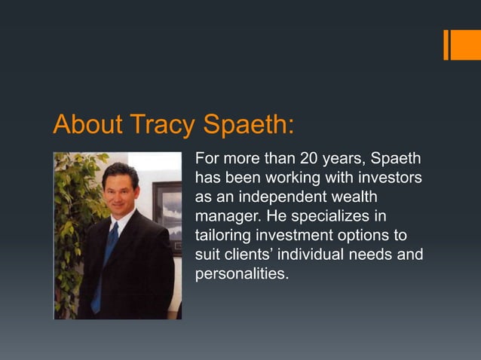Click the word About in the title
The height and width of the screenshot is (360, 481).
pos(87,124)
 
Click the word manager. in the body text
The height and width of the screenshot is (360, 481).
pos(225,217)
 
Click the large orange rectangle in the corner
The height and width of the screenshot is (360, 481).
pos(466,44)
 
